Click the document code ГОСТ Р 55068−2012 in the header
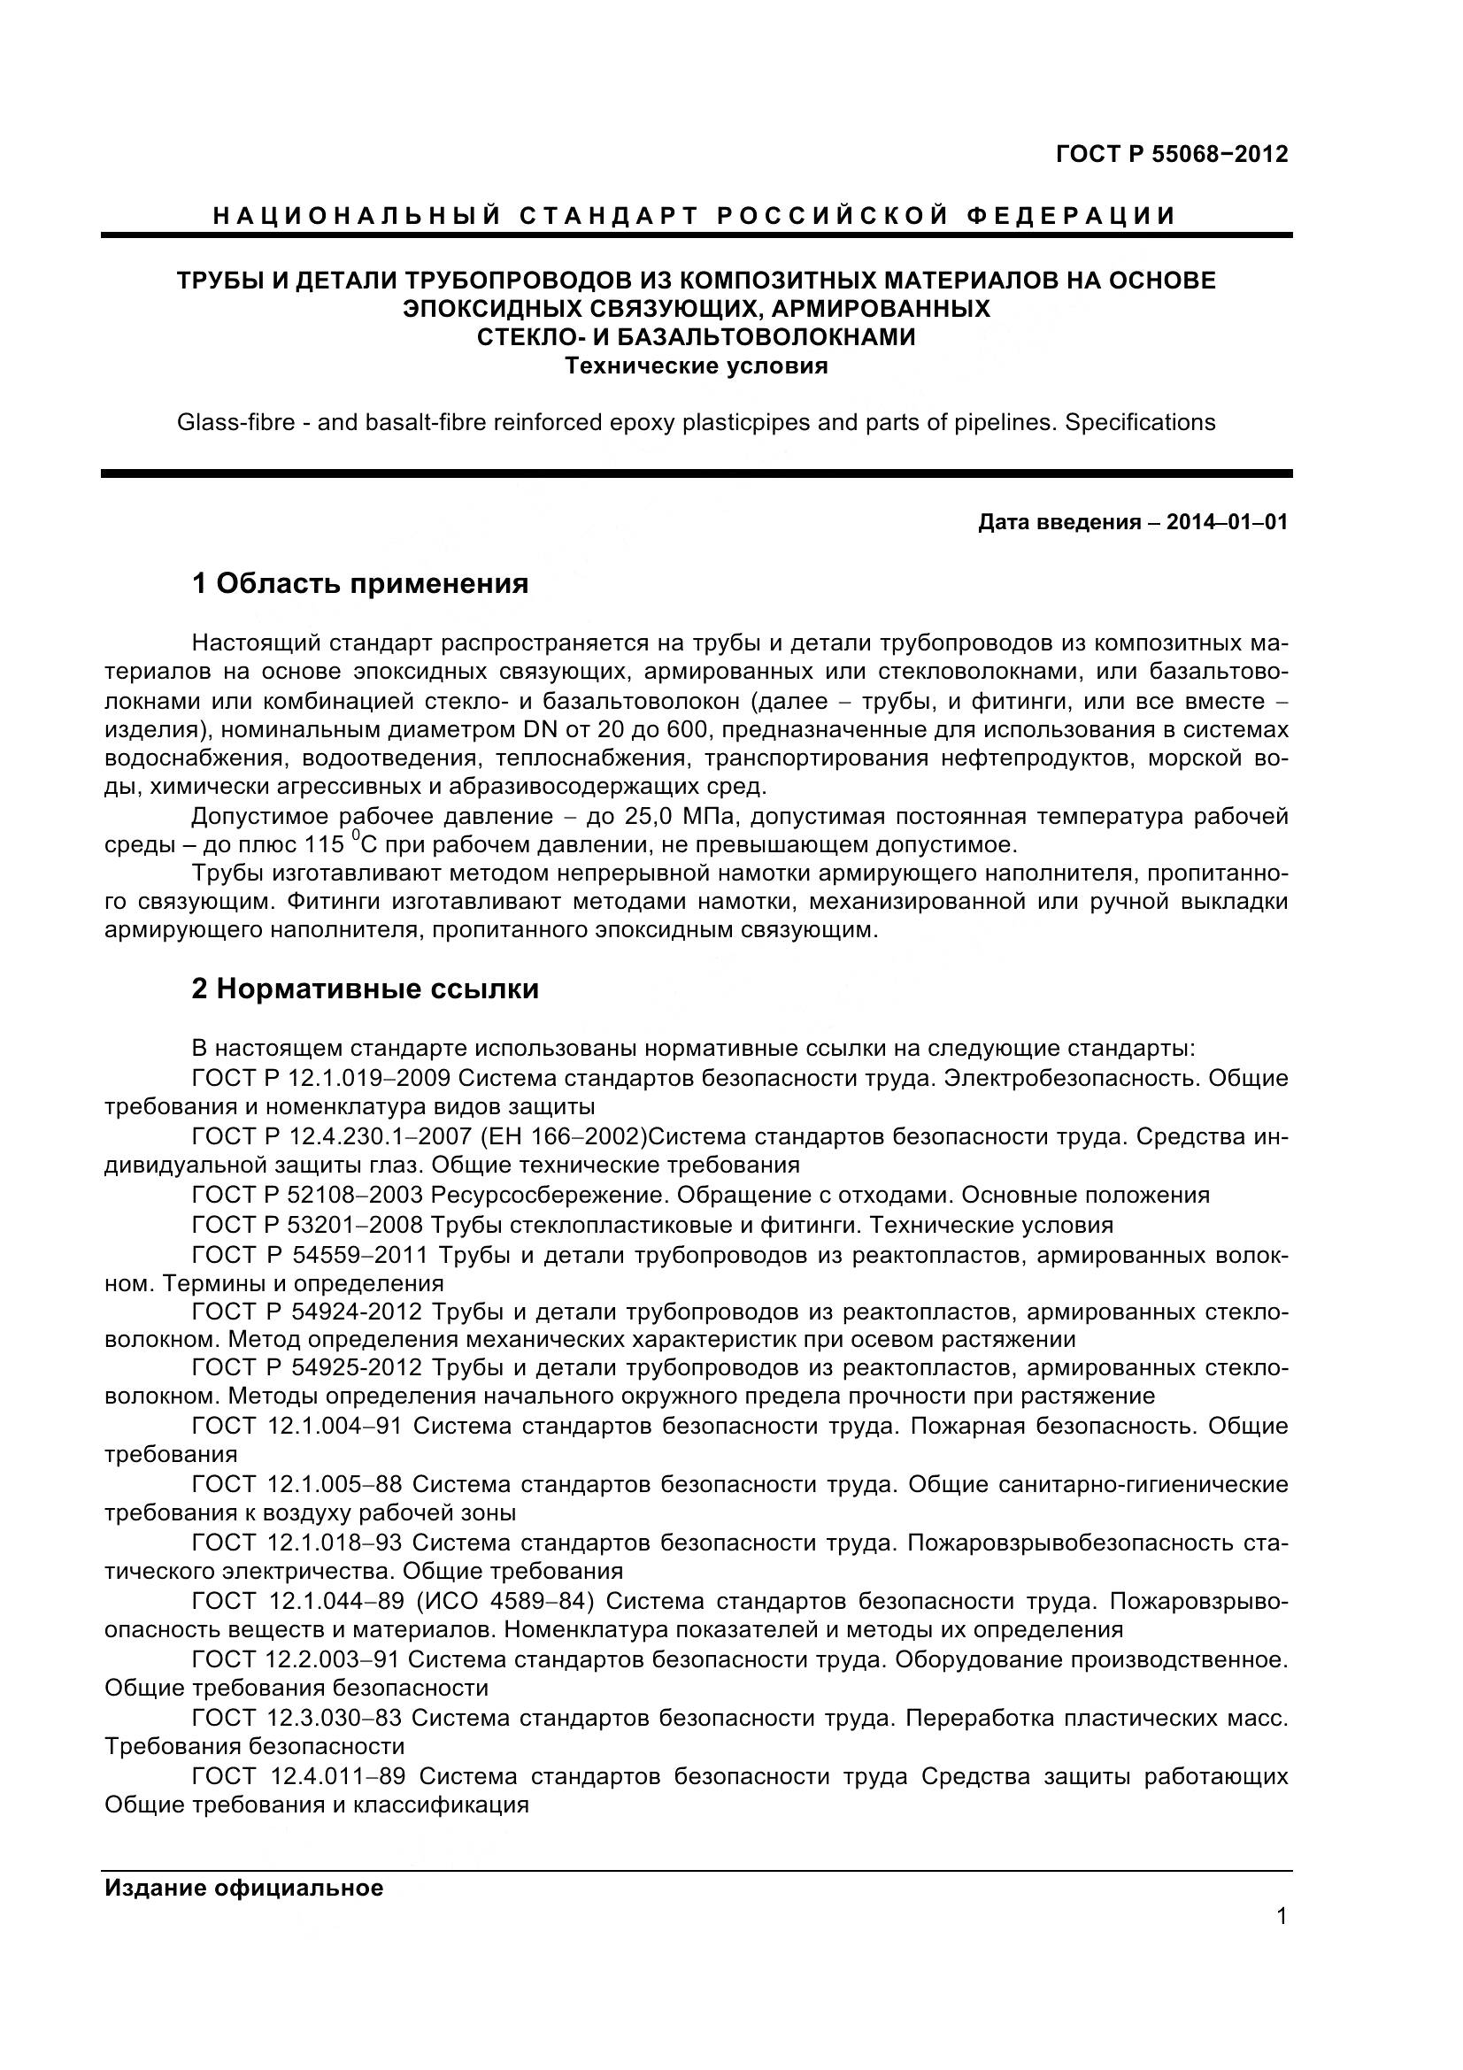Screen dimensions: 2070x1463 click(x=1171, y=154)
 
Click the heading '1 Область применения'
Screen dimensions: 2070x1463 click(x=359, y=584)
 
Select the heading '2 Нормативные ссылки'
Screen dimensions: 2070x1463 click(x=365, y=989)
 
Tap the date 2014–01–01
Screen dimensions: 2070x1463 click(x=1227, y=522)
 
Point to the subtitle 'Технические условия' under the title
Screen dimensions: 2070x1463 click(x=696, y=366)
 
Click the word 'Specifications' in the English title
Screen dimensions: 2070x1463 click(x=1140, y=422)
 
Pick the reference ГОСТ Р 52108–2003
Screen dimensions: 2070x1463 click(x=306, y=1196)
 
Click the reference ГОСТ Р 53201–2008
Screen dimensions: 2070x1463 click(x=306, y=1225)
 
